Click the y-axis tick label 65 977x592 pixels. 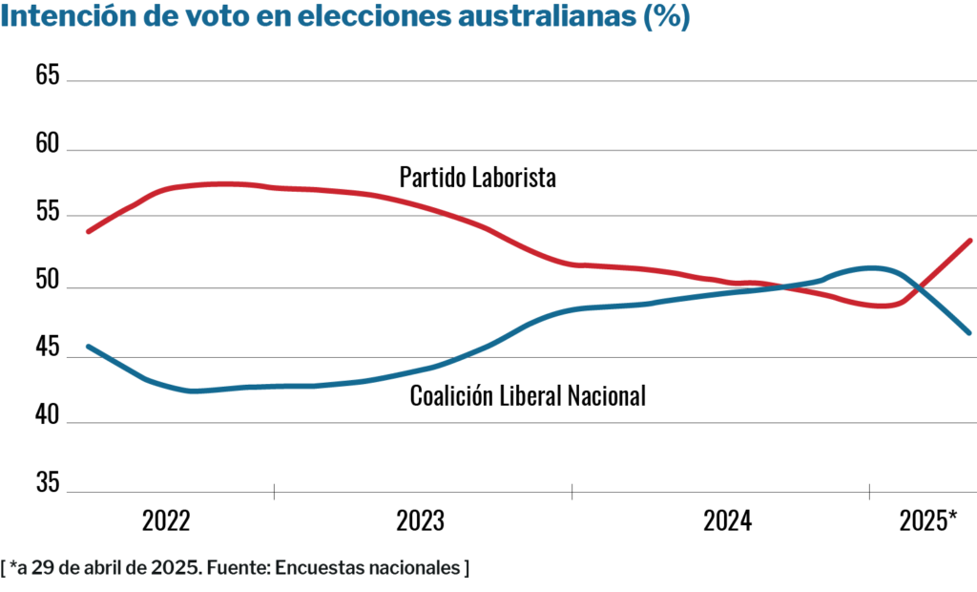48,75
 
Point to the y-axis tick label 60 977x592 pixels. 48,144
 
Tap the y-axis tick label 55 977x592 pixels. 48,213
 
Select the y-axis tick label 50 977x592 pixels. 48,282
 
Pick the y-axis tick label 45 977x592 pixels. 48,349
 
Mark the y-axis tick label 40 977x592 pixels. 48,417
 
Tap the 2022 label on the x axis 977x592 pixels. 166,521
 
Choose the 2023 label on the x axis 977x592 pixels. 420,521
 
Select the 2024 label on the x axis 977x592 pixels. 727,521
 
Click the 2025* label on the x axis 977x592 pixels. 928,521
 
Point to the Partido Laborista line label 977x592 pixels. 477,178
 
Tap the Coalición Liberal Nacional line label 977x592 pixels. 528,395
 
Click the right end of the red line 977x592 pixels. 969,241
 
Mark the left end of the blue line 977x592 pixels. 88,347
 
